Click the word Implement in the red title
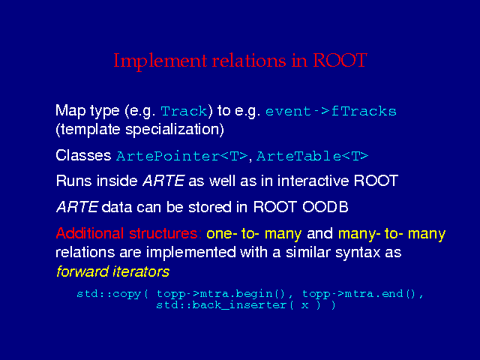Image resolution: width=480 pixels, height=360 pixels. click(x=160, y=61)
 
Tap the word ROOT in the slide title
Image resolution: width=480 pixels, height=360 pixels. click(x=340, y=60)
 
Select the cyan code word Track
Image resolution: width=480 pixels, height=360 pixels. click(x=184, y=111)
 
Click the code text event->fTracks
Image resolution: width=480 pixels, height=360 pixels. click(x=331, y=111)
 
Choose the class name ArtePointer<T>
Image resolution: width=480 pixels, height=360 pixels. click(x=181, y=156)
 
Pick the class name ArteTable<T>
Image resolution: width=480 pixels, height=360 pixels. click(x=312, y=156)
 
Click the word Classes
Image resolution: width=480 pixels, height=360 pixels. click(x=83, y=155)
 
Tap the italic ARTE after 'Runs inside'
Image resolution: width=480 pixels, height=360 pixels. click(x=163, y=181)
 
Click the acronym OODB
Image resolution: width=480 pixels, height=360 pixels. click(x=325, y=207)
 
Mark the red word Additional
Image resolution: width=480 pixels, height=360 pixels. click(x=90, y=233)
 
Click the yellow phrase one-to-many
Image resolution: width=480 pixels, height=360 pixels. click(x=254, y=234)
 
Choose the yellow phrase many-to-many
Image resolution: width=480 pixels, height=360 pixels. click(x=391, y=234)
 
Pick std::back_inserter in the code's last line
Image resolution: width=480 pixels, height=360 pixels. click(x=221, y=305)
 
